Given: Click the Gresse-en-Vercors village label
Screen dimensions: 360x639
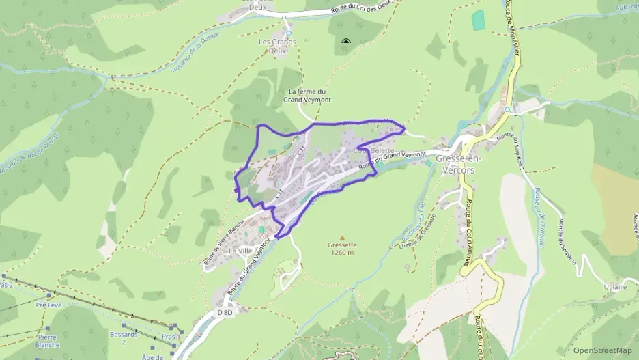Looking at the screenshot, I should coord(459,164).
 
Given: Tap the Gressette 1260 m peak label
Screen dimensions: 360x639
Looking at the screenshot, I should coord(341,248).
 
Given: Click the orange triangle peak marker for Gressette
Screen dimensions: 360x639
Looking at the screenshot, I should coord(342,236).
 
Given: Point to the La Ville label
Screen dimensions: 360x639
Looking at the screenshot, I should coord(240,251).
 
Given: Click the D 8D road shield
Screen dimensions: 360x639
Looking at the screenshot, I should coord(225,312).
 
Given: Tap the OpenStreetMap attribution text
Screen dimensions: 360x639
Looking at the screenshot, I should coord(603,350).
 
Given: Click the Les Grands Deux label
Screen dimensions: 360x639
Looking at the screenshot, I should coord(277,46).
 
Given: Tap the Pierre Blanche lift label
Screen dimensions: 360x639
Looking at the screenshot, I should coord(47,341).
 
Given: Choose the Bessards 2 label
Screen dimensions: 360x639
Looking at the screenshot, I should coord(124,338).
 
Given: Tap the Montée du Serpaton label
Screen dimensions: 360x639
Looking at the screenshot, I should coord(567,242).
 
